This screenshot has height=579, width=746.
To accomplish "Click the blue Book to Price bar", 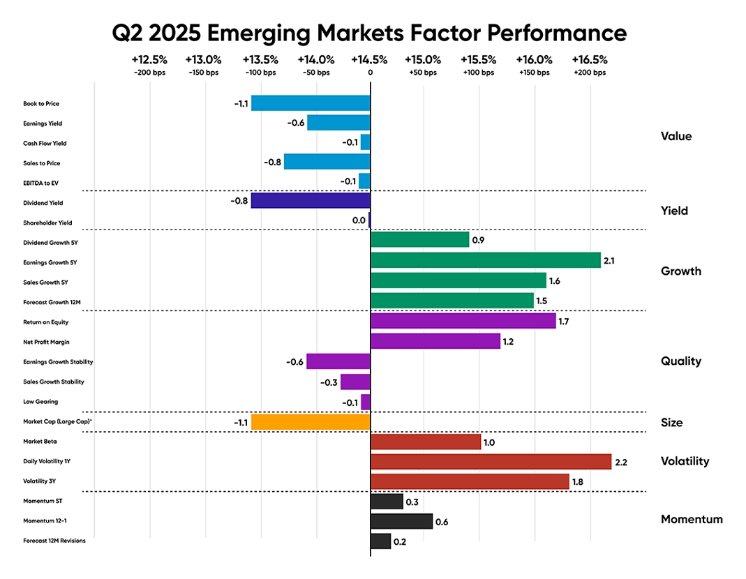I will [311, 103].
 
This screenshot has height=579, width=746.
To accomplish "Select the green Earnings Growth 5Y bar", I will [486, 260].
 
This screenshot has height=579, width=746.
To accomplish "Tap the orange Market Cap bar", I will [311, 422].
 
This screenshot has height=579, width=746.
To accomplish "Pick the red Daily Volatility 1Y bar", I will [491, 462].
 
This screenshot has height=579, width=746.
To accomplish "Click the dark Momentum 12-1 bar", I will [401, 521].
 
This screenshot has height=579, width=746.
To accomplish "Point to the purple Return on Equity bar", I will [463, 321].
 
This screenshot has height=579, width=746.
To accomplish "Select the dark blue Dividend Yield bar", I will [311, 200].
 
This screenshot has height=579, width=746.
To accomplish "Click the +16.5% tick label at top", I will [590, 60].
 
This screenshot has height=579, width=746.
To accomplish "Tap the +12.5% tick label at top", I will [149, 60].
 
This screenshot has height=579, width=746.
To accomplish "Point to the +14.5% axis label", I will [370, 60].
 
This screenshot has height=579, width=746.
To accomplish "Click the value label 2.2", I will [622, 462].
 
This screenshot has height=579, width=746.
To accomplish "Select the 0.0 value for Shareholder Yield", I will [359, 220].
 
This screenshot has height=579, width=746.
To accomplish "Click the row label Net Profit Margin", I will [47, 343].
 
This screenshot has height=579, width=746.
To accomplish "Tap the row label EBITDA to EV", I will [40, 183].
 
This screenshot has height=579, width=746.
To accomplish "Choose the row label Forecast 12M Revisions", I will [54, 541].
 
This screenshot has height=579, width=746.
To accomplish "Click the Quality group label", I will [680, 361].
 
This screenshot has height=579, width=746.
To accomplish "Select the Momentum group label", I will [692, 519].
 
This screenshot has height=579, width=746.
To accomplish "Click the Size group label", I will [671, 422].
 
